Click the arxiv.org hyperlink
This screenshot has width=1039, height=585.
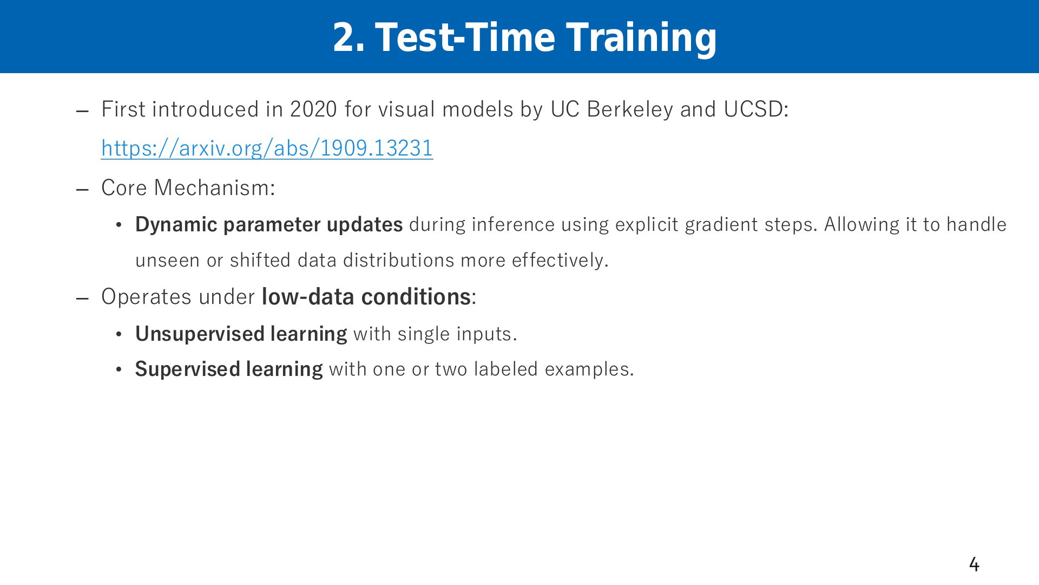(x=267, y=148)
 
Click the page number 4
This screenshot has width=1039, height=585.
(x=974, y=564)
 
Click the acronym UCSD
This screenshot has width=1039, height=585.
(x=753, y=109)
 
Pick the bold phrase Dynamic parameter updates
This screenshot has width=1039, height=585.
(x=269, y=225)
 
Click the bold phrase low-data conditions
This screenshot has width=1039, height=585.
(x=366, y=297)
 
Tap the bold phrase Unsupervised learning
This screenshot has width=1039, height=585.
(x=241, y=334)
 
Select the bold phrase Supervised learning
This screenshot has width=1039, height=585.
(x=229, y=369)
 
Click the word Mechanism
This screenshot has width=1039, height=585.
(x=212, y=188)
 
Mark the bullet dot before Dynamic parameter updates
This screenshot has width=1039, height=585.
(x=119, y=225)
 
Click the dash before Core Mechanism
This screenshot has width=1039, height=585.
(x=82, y=190)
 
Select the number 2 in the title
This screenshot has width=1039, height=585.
(x=344, y=37)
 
